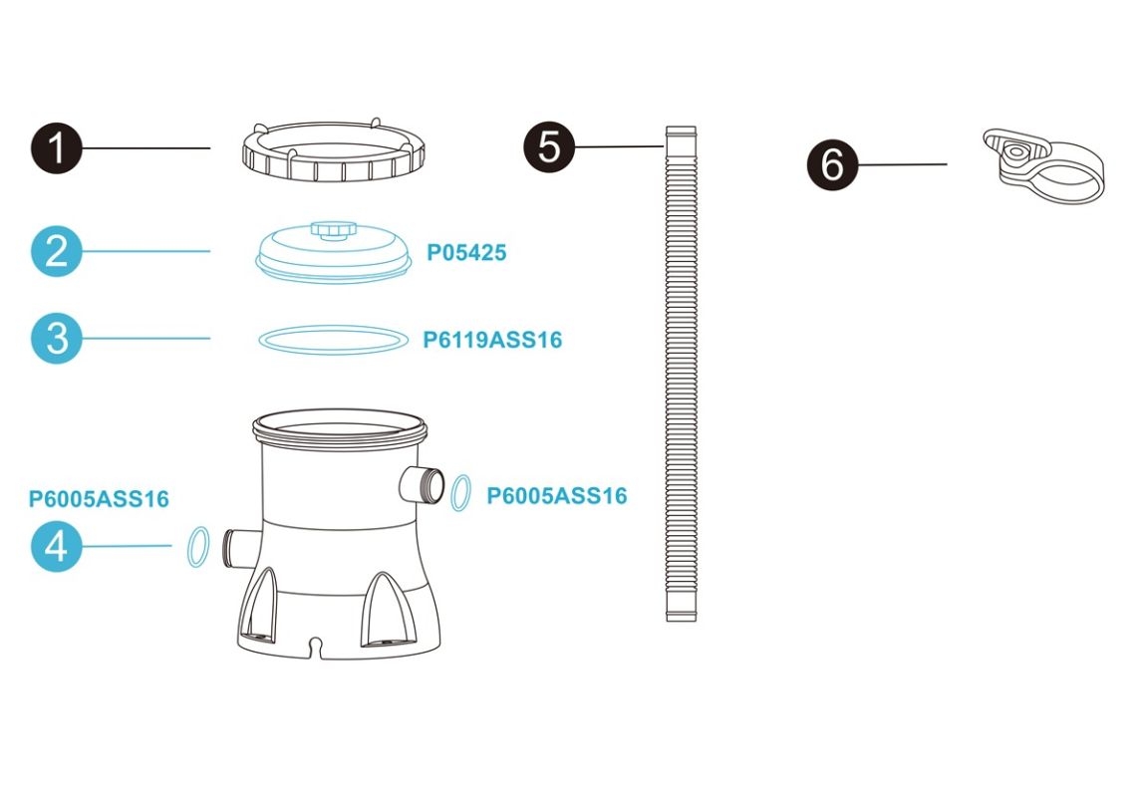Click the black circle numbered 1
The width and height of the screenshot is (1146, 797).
[x=56, y=148]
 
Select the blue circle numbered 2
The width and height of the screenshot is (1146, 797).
[x=56, y=251]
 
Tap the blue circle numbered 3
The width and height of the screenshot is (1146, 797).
[x=56, y=339]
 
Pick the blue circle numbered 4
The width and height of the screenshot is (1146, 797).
[x=56, y=546]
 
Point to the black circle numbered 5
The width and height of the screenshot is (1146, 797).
[x=550, y=147]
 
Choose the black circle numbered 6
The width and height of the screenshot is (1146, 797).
[x=832, y=164]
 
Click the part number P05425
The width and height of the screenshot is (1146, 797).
[x=466, y=253]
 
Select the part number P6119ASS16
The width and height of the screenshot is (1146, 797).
[x=492, y=340]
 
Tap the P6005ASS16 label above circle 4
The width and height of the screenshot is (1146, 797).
[x=99, y=499]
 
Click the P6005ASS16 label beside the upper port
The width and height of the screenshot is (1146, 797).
[x=557, y=496]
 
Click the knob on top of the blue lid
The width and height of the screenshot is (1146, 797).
[x=333, y=229]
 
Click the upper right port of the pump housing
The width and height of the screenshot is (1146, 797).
[x=423, y=483]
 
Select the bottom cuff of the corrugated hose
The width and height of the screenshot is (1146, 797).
[x=682, y=608]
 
